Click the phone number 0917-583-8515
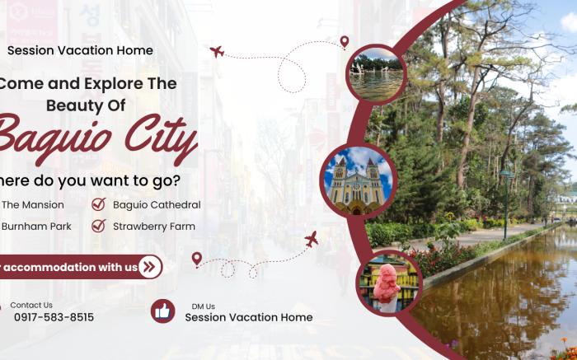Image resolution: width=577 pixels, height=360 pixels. [x=54, y=317]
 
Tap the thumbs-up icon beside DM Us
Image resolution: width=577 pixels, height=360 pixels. [x=162, y=311]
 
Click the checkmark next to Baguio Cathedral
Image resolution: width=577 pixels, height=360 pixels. [x=98, y=204]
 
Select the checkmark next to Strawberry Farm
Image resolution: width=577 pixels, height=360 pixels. [x=98, y=226]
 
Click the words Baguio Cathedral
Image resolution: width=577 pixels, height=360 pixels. [x=157, y=204]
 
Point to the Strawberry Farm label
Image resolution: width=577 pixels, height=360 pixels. [x=154, y=226]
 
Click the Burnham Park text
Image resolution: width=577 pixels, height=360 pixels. [x=36, y=226]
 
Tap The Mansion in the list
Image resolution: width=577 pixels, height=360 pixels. [x=33, y=204]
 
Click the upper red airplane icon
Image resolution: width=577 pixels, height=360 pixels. [x=217, y=52]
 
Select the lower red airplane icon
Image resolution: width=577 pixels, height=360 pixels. [x=311, y=240]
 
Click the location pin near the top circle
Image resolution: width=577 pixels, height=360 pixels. [x=345, y=42]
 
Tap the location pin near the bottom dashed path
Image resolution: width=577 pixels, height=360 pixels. [x=196, y=259]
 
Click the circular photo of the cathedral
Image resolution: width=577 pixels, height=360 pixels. [x=358, y=181]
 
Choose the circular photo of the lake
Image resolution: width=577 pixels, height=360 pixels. [x=375, y=73]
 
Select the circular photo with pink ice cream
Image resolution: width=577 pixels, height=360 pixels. [x=387, y=282]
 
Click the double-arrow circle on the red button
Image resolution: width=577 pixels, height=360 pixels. [x=149, y=266]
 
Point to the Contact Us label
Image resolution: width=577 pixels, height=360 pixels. [x=31, y=305]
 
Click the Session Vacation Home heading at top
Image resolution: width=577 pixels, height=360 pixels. [x=80, y=50]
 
